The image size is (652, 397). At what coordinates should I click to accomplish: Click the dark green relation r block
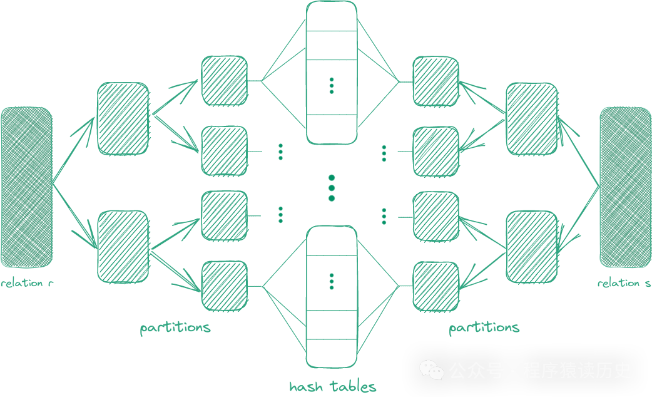pos(26,187)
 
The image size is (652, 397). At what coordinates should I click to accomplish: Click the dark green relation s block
pos(625,187)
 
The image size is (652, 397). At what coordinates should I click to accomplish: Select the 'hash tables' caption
pos(333,386)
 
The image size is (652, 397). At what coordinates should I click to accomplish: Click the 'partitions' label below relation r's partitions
pos(175,327)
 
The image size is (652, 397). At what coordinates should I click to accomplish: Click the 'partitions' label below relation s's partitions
pos(484,327)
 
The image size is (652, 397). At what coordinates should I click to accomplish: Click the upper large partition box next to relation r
pos(123,118)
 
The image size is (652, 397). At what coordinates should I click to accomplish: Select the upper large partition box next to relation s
pos(531,118)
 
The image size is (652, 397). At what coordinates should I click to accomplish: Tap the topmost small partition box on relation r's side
pos(225,80)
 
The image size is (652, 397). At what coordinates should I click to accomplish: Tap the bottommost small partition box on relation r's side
pos(225,285)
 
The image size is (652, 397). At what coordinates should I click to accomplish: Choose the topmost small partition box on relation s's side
pos(436,80)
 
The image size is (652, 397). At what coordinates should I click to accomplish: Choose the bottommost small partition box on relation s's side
pos(436,285)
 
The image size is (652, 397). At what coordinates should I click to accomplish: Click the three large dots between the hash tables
pos(332,188)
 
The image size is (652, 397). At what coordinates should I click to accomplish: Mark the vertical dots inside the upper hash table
pos(332,86)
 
